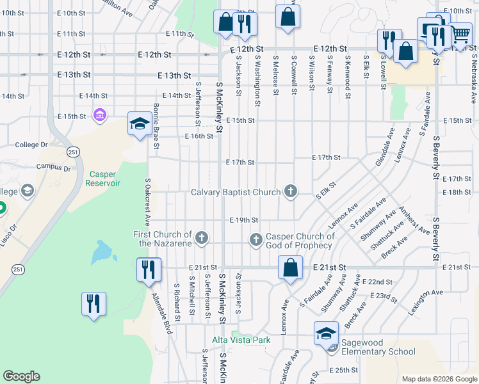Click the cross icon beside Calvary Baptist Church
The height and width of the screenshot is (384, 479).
(x=291, y=191)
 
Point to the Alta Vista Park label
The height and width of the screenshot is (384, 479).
(x=242, y=340)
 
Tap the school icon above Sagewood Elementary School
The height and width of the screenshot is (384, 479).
(x=326, y=333)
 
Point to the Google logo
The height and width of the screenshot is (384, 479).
(x=22, y=376)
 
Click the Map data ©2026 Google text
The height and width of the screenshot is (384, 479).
(x=439, y=379)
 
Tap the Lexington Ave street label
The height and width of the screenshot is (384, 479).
(x=426, y=293)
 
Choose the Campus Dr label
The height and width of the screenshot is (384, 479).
(x=58, y=169)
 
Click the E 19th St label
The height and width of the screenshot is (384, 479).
(x=243, y=220)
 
